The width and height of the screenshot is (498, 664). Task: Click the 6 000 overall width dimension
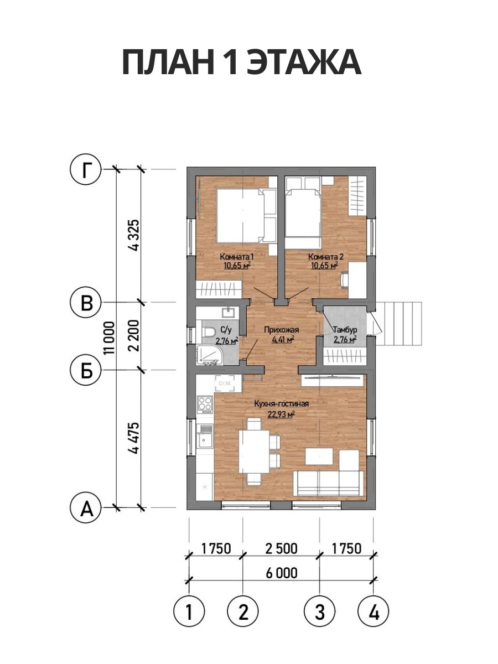(282, 573)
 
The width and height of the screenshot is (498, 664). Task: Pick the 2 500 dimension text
(282, 548)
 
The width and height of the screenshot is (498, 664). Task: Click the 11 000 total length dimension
(109, 338)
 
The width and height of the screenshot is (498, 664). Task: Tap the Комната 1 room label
(236, 257)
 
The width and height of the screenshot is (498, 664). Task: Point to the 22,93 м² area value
(281, 414)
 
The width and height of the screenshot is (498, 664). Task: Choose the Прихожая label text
(282, 330)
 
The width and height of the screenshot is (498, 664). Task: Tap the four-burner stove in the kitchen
(205, 405)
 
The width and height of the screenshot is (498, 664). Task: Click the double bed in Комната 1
(240, 215)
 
